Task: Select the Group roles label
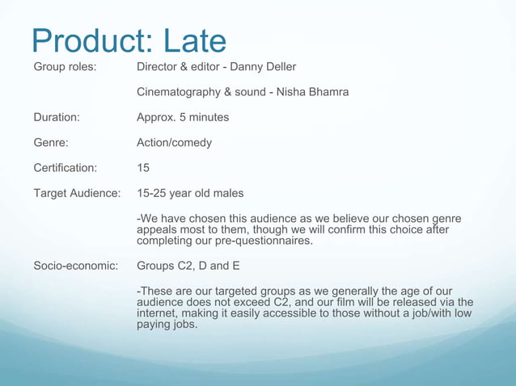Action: click(x=65, y=66)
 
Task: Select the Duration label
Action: click(x=57, y=117)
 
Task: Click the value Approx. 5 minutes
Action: click(x=183, y=117)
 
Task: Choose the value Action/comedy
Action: click(x=175, y=143)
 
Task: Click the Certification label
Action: click(x=65, y=169)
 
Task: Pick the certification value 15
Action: click(x=144, y=169)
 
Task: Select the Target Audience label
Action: click(x=77, y=194)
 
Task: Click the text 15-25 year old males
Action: click(x=190, y=194)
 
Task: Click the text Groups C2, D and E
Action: click(x=193, y=266)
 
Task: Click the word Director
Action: click(x=159, y=66)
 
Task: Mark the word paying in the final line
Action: click(x=154, y=325)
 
